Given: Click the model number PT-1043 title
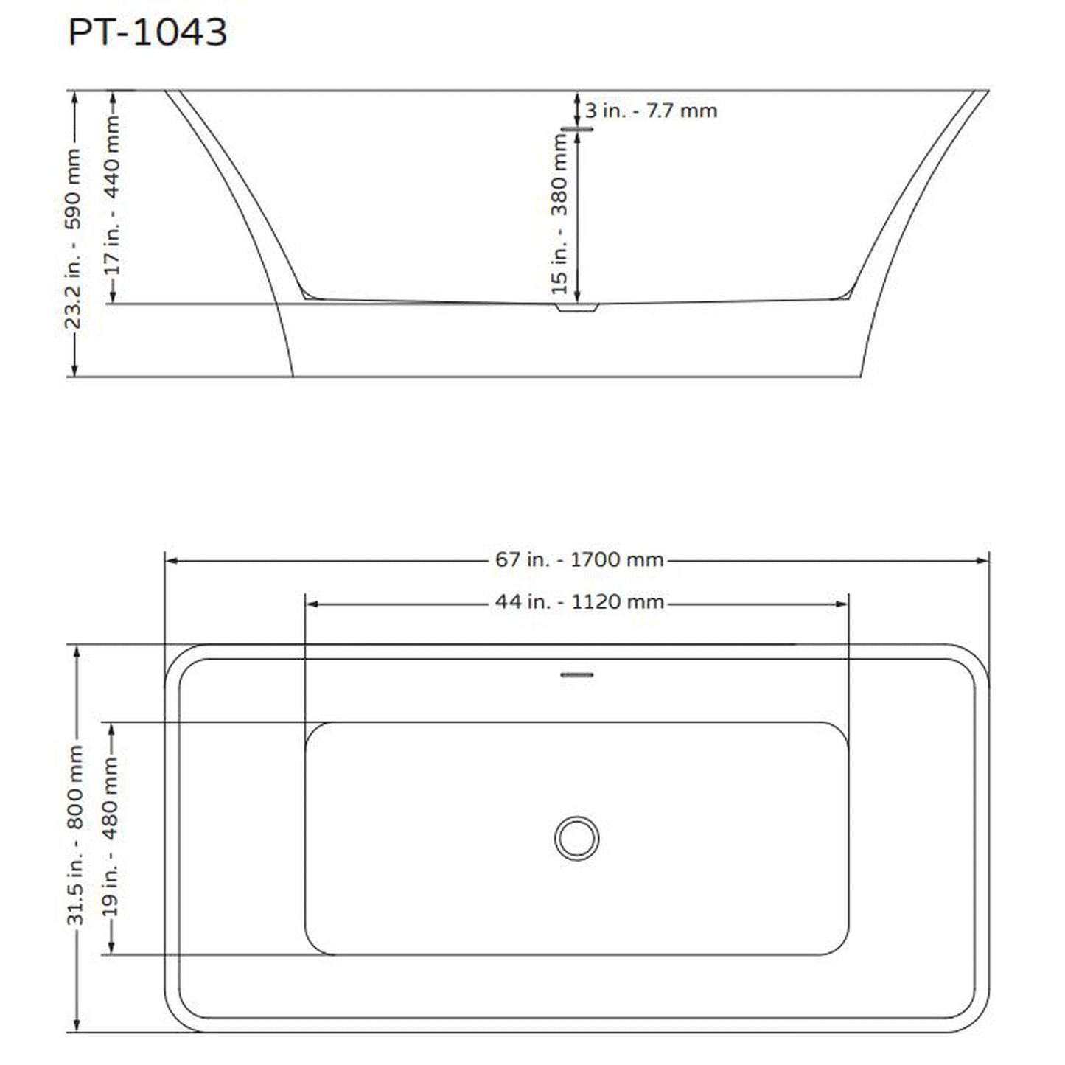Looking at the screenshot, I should [x=147, y=32].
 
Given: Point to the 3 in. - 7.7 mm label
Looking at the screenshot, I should [x=651, y=111].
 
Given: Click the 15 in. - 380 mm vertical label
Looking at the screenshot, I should [x=559, y=214].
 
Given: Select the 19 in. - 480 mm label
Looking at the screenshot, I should [x=111, y=837].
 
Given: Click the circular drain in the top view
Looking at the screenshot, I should [x=576, y=838].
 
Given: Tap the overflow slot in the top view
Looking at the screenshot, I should [x=577, y=674].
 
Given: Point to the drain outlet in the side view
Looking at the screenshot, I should [x=577, y=307].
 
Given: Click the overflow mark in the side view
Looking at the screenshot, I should [x=577, y=129].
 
